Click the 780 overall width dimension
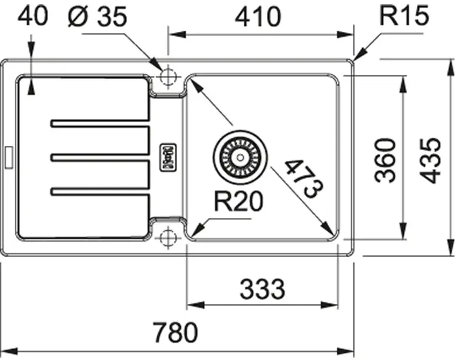coord(176,332)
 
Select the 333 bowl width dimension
coord(263,289)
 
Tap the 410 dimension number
coord(258,16)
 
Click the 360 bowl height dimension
coord(385,161)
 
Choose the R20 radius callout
coord(238,201)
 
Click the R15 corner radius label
coord(404,15)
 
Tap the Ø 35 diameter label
coord(97,16)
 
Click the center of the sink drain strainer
coord(240,157)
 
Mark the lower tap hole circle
coord(168,238)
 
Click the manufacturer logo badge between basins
coord(168,157)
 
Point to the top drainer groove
coord(100,123)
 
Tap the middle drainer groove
coord(100,157)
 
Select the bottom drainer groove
coord(100,191)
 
